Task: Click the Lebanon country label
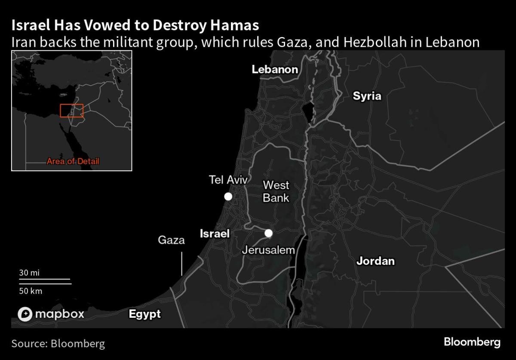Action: point(275,69)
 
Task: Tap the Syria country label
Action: point(367,96)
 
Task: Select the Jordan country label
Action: point(375,261)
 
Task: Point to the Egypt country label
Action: point(145,314)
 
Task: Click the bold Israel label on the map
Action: point(215,234)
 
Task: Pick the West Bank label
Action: point(276,191)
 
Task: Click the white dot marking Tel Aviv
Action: point(228,197)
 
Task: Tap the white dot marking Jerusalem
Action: point(269,233)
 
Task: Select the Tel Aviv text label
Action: point(228,180)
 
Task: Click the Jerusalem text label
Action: point(268,250)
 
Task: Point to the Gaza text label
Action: point(171,240)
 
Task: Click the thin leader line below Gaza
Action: point(181,264)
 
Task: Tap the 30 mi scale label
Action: point(29,273)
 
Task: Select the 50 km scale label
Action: point(31,291)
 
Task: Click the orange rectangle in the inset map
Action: point(71,111)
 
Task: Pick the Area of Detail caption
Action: point(73,162)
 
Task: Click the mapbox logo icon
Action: point(25,314)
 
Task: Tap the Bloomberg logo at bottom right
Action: point(472,342)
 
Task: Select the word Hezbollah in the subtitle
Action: point(389,42)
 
